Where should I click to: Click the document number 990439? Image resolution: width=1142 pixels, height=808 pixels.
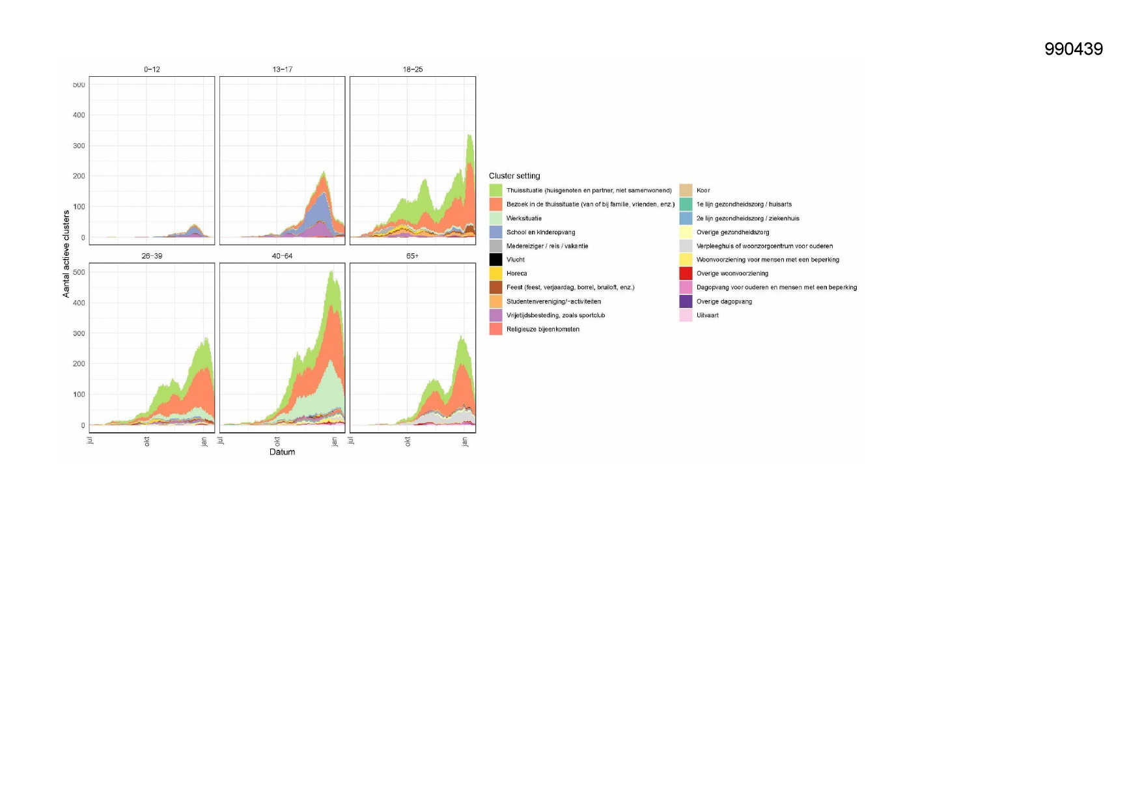(1073, 49)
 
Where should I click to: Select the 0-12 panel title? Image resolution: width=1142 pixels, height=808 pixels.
(152, 69)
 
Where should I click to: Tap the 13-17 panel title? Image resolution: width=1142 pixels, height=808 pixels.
(282, 69)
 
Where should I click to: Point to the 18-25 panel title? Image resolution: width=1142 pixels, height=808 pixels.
(413, 69)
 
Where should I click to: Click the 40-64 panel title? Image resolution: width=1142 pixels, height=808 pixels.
(282, 256)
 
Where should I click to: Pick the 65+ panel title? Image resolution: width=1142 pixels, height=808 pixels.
(413, 256)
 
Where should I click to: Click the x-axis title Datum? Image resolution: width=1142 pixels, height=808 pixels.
(282, 452)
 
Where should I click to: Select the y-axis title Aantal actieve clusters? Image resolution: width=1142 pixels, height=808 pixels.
(66, 254)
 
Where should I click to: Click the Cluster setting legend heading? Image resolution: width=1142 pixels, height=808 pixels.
(514, 176)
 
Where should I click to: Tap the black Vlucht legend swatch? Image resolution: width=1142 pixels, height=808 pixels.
(495, 260)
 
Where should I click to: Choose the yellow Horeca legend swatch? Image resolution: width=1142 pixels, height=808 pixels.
(495, 273)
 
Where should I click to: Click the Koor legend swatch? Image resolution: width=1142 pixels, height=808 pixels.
(686, 190)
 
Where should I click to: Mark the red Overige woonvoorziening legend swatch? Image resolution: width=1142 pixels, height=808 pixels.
(686, 273)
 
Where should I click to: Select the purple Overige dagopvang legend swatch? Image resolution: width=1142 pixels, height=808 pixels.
(686, 301)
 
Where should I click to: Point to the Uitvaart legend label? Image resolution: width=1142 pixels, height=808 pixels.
(708, 315)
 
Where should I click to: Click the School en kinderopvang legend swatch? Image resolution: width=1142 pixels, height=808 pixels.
(495, 232)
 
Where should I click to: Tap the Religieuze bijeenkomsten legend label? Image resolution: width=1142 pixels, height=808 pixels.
(543, 329)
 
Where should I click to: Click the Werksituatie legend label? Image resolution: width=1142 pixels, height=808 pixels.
(524, 218)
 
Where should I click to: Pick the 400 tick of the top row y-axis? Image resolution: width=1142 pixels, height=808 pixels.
(79, 115)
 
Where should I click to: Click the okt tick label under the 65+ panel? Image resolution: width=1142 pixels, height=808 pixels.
(408, 441)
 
